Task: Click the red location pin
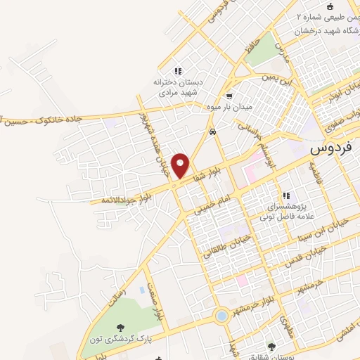(x=182, y=165)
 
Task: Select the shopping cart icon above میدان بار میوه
(x=229, y=96)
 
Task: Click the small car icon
(x=212, y=131)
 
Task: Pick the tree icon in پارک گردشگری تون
(x=121, y=328)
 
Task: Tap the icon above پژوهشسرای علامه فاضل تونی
(x=285, y=195)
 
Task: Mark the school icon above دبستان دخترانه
(x=178, y=71)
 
